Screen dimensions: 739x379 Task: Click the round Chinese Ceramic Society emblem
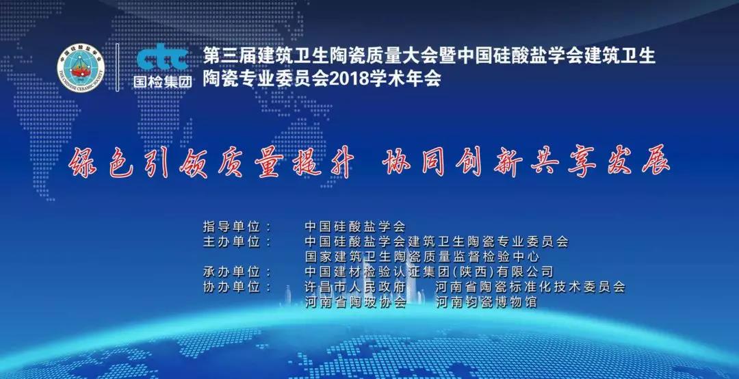point(81,68)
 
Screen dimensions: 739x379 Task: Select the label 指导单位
point(231,226)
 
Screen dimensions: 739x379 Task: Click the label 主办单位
point(231,241)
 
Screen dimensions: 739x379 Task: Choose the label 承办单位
point(231,272)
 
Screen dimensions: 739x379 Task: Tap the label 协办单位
point(231,287)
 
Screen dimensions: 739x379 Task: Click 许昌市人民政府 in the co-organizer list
point(355,287)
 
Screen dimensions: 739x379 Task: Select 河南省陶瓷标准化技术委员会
point(530,287)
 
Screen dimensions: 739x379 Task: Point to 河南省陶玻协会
point(355,302)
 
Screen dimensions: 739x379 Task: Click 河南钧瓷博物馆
point(486,302)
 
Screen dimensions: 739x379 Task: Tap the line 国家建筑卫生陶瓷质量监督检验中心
point(422,257)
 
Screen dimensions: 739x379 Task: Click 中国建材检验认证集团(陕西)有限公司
point(428,272)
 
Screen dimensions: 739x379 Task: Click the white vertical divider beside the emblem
point(118,67)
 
